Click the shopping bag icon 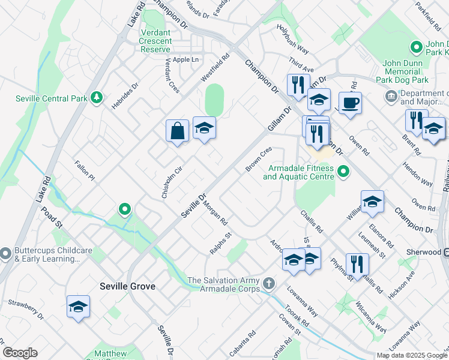pyautogui.click(x=178, y=131)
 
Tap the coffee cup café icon pyautogui.click(x=350, y=103)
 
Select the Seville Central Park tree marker pyautogui.click(x=96, y=98)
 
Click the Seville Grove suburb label pyautogui.click(x=128, y=286)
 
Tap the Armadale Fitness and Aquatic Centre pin pyautogui.click(x=343, y=172)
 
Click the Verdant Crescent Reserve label pyautogui.click(x=155, y=41)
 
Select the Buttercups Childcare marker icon pyautogui.click(x=5, y=254)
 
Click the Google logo pyautogui.click(x=20, y=353)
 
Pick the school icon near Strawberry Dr pyautogui.click(x=78, y=307)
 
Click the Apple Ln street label pyautogui.click(x=185, y=59)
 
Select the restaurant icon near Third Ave pyautogui.click(x=298, y=84)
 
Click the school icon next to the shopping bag pyautogui.click(x=204, y=127)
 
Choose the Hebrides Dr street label pyautogui.click(x=125, y=95)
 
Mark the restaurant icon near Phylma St pyautogui.click(x=357, y=264)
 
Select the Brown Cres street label pyautogui.click(x=259, y=158)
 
